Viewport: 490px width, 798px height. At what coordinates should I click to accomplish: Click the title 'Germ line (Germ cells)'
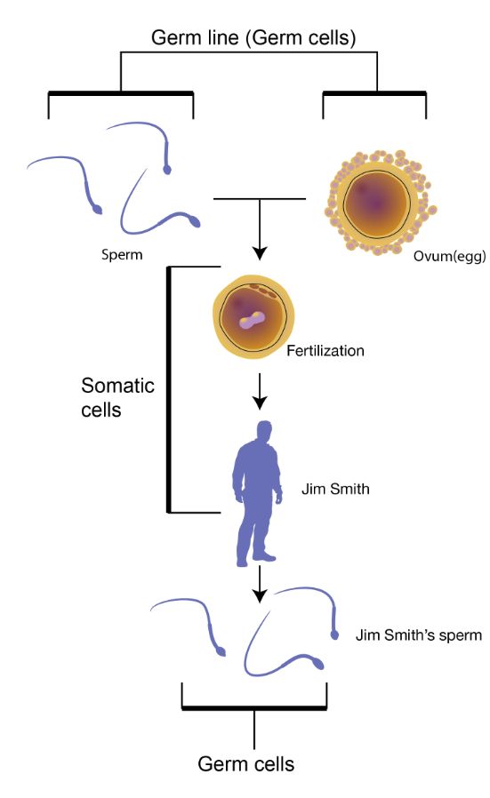pos(253,37)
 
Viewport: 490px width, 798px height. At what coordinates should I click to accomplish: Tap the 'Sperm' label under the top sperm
pos(122,254)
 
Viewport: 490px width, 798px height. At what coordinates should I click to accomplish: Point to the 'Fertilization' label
pos(325,351)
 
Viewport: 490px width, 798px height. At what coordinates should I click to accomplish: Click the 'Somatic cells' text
pos(117,397)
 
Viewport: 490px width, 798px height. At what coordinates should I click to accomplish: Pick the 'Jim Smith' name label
pos(335,489)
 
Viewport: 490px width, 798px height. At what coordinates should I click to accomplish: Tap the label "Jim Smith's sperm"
pos(418,635)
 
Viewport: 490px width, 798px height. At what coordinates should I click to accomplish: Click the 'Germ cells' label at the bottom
pos(246,764)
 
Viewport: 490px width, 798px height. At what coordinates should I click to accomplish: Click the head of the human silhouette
pos(264,431)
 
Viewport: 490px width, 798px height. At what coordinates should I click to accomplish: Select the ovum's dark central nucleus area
pos(375,203)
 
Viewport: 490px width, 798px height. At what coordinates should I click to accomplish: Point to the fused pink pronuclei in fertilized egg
pos(253,320)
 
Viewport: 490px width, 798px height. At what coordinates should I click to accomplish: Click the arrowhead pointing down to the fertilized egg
pos(260,253)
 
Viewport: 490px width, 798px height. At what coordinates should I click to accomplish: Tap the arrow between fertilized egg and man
pos(260,391)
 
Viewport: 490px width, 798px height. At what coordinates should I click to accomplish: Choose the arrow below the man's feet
pos(260,584)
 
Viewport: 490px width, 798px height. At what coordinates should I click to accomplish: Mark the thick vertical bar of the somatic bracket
pos(169,389)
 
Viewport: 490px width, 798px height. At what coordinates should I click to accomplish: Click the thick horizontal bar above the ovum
pos(374,93)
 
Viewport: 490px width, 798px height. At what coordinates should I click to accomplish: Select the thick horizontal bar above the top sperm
pos(121,93)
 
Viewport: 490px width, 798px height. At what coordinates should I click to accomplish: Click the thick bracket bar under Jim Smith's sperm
pos(254,707)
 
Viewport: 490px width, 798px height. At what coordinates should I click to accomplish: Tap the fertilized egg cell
pos(253,316)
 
